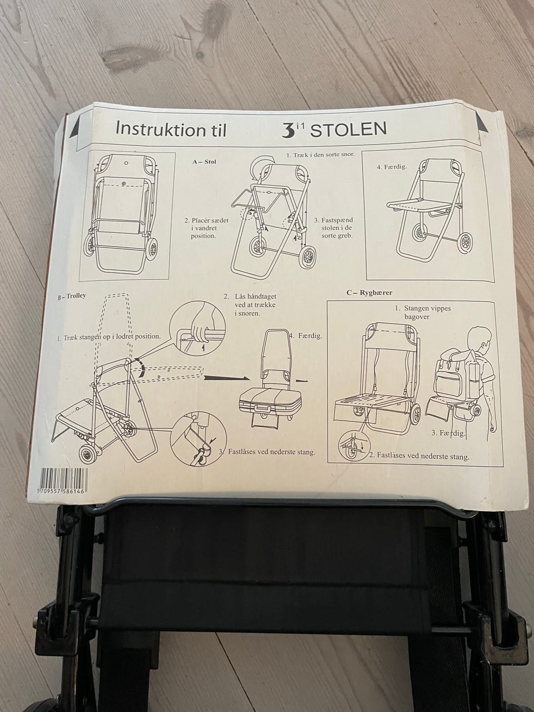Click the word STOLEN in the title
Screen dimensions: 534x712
[349, 130]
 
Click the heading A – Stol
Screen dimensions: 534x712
[204, 161]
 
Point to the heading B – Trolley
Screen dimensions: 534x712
[72, 296]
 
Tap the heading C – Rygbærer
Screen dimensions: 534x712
[369, 292]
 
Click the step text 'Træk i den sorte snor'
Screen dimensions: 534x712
[320, 155]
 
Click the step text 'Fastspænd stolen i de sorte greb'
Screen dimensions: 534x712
[334, 228]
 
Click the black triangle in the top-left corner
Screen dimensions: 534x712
[74, 128]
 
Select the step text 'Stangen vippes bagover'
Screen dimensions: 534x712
[423, 312]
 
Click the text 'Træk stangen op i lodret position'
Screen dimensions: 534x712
[109, 337]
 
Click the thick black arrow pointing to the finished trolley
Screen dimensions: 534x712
[226, 377]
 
